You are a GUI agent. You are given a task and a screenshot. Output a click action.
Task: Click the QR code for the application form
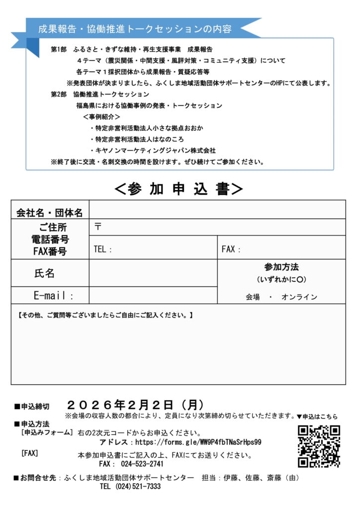click(319, 446)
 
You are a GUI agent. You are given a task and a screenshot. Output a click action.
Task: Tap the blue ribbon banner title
click(135, 29)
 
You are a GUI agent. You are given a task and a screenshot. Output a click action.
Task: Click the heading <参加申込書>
click(179, 188)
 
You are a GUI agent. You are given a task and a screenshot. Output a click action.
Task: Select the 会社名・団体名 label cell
click(50, 213)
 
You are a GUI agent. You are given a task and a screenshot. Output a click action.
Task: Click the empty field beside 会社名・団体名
click(217, 210)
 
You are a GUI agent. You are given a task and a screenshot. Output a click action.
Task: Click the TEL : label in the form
click(103, 250)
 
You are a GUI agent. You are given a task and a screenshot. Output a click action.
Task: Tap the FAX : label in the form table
click(231, 250)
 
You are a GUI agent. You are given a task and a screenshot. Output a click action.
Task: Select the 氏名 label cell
click(44, 273)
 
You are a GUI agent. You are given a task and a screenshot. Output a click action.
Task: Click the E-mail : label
click(53, 296)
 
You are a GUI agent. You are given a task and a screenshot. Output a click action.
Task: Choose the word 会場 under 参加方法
click(253, 297)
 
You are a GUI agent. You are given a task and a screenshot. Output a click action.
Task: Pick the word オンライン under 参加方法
click(299, 297)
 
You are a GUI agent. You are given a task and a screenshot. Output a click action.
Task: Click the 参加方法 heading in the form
click(281, 267)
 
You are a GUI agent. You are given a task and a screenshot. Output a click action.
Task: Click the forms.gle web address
click(198, 441)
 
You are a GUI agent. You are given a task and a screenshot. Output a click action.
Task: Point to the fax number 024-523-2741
click(142, 464)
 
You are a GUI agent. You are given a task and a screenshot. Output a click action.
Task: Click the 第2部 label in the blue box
click(59, 94)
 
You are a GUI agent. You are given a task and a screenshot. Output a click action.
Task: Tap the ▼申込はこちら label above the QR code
click(317, 416)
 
